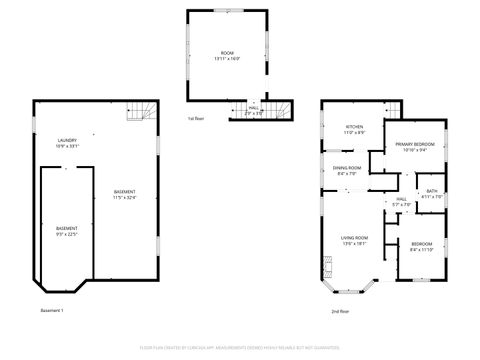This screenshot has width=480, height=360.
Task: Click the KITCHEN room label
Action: pyautogui.click(x=354, y=127)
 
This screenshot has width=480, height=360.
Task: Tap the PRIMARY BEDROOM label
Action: pyautogui.click(x=414, y=145)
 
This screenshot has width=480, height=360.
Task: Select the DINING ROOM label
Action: pyautogui.click(x=347, y=168)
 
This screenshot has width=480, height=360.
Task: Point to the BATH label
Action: pyautogui.click(x=431, y=191)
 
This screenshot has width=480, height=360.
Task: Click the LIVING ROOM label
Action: pyautogui.click(x=354, y=237)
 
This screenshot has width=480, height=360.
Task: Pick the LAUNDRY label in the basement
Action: pyautogui.click(x=68, y=140)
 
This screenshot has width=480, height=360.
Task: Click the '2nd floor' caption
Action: pyautogui.click(x=340, y=311)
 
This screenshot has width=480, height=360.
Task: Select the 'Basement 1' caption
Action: pyautogui.click(x=52, y=311)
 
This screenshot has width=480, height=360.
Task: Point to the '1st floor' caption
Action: pyautogui.click(x=197, y=119)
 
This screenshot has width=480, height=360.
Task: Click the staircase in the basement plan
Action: pyautogui.click(x=136, y=115)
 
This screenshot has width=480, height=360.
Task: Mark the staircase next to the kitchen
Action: pyautogui.click(x=392, y=109)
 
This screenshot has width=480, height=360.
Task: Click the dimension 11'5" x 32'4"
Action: pyautogui.click(x=125, y=198)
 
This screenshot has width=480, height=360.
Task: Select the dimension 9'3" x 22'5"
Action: pyautogui.click(x=67, y=235)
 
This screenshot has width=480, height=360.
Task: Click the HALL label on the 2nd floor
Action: pyautogui.click(x=401, y=199)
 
